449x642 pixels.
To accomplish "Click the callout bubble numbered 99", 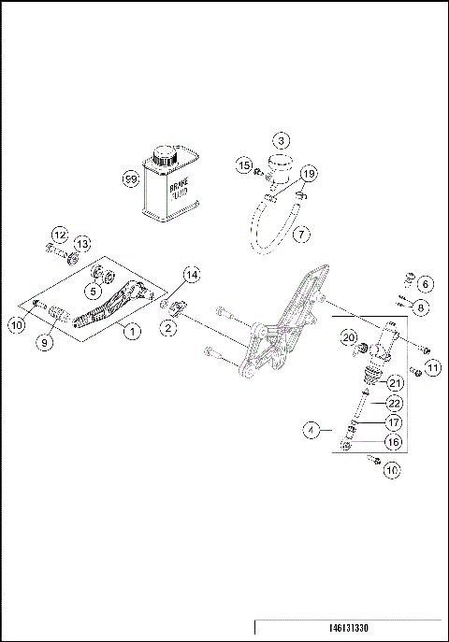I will (x=131, y=177).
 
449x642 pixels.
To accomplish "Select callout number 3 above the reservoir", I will (x=281, y=141).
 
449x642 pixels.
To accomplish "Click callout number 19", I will (x=309, y=174).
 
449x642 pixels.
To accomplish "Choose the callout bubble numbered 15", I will (x=243, y=165).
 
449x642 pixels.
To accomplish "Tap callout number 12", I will (x=60, y=235).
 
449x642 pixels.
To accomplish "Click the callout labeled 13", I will (x=81, y=244).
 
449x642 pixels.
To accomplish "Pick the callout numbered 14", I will (x=191, y=275).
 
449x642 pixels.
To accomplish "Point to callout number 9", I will (x=45, y=342).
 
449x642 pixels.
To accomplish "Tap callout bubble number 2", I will (x=169, y=327).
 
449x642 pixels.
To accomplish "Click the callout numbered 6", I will (x=425, y=283).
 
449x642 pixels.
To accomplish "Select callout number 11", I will (x=431, y=368).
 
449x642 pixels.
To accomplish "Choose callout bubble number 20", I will (x=349, y=337).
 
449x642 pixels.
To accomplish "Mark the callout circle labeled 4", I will (x=312, y=431).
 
